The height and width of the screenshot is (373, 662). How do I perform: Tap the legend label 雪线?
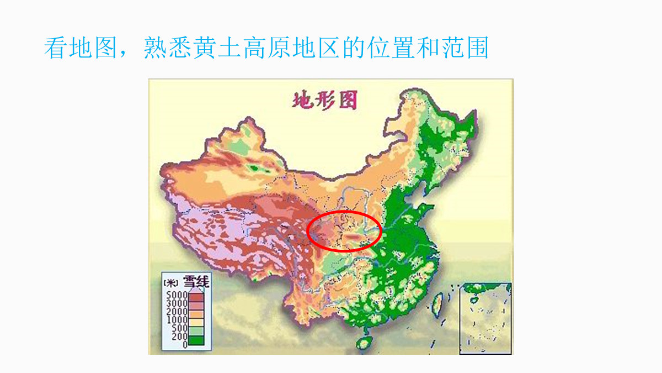(x=196, y=282)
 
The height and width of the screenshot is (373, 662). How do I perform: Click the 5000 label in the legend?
(x=177, y=295)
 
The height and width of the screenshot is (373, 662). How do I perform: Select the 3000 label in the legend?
(x=177, y=303)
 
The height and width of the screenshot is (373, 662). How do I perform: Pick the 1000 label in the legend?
(x=177, y=320)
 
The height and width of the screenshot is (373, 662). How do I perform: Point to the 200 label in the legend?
(x=179, y=337)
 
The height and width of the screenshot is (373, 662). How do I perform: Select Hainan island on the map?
(x=364, y=343)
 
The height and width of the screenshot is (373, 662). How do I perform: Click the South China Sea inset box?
(x=485, y=318)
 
